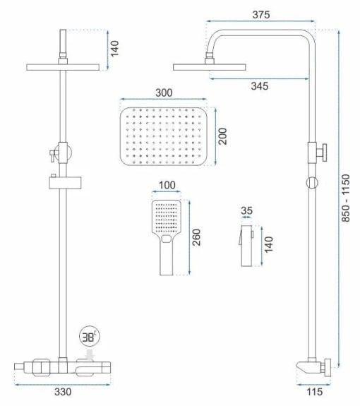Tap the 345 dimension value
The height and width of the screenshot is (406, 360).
click(258, 86)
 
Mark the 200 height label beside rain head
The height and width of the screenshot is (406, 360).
click(223, 136)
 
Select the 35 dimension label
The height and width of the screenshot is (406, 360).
click(246, 210)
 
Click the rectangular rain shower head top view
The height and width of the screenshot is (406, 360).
click(163, 137)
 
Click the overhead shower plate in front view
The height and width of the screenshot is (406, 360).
click(62, 66)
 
